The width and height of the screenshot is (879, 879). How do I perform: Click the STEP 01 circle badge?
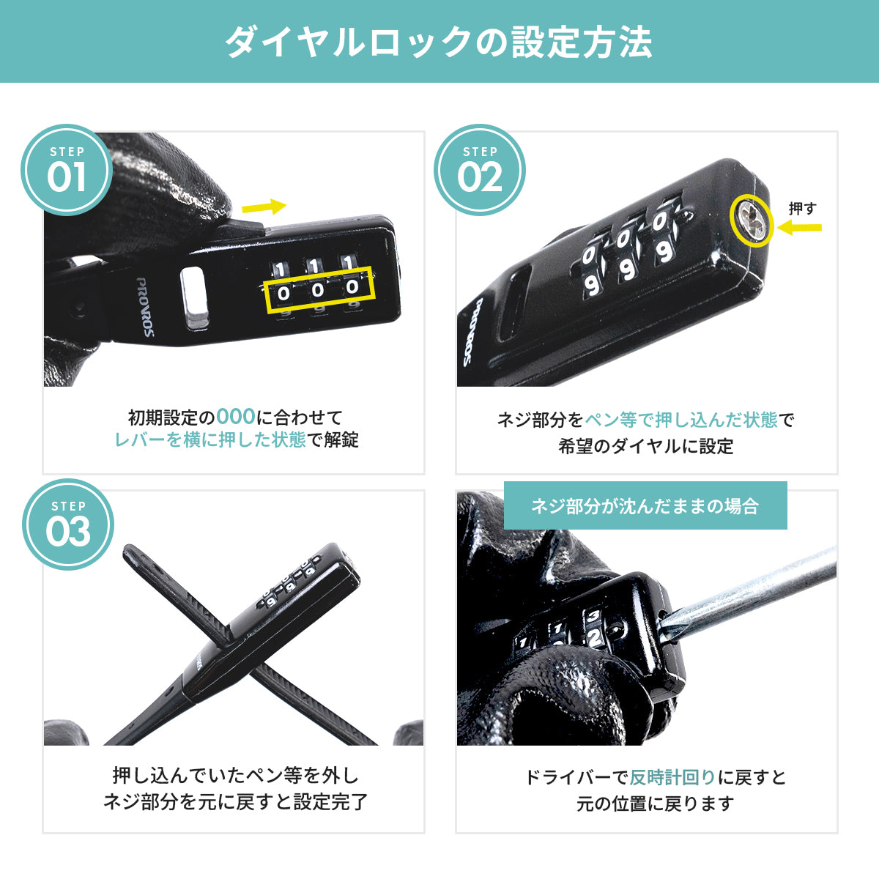pos(67,169)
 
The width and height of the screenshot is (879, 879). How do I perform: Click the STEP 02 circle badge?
pos(480,169)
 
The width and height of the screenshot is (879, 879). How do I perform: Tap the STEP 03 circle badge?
pos(68,524)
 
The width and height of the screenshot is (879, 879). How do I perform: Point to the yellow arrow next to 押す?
pos(799,228)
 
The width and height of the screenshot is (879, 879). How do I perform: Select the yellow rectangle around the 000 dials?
pos(319,290)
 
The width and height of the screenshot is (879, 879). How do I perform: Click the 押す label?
pos(802,209)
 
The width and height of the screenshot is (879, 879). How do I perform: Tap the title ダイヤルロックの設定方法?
pos(439,42)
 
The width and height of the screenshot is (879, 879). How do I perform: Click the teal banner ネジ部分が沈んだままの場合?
pos(645,505)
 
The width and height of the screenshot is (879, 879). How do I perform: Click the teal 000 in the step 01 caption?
pos(236,418)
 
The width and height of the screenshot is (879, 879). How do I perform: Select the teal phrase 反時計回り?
pos(672,777)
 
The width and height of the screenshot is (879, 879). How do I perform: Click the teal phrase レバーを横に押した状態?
pos(210,440)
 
